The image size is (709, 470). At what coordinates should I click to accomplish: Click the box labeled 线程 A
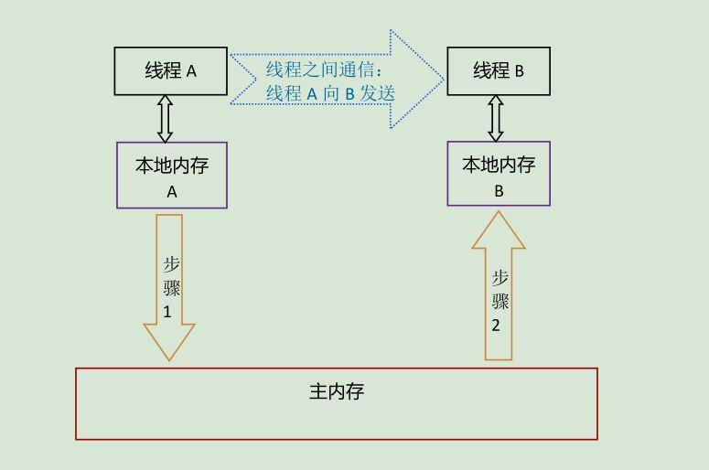[x=171, y=71]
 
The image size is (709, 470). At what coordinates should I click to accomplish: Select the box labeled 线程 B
[x=499, y=71]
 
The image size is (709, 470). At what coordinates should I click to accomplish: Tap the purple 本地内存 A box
[x=172, y=175]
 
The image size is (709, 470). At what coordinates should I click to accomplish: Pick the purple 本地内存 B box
[x=499, y=174]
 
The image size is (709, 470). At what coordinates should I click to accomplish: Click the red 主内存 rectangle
[x=337, y=404]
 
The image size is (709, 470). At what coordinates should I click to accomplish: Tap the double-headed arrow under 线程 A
[x=165, y=119]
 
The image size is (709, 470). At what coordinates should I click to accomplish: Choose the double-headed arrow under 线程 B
[x=496, y=118]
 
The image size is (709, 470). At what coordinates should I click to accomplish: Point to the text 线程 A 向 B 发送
[x=330, y=92]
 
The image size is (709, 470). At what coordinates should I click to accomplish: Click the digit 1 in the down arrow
[x=168, y=311]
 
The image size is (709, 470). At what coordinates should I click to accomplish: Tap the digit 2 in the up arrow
[x=496, y=325]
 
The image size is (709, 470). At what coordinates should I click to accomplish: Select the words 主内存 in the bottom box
[x=337, y=392]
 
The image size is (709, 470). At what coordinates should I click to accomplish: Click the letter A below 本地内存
[x=172, y=192]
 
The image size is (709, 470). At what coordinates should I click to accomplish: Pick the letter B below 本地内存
[x=499, y=191]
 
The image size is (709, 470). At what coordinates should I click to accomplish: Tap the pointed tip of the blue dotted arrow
[x=443, y=80]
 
